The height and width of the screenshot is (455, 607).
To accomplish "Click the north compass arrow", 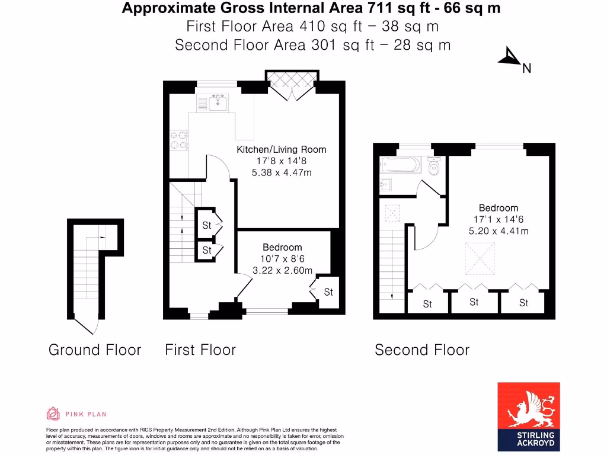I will click(509, 57).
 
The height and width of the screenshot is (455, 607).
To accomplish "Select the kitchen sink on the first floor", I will click(218, 102).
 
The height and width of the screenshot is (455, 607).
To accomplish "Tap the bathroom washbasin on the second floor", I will click(386, 184).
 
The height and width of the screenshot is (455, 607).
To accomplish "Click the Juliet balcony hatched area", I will click(292, 78).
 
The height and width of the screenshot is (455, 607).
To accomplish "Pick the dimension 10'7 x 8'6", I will click(282, 259).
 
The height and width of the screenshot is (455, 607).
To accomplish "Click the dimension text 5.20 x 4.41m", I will click(499, 230).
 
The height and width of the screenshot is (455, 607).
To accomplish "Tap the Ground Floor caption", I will click(95, 350).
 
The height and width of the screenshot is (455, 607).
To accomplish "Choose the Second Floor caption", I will click(422, 350).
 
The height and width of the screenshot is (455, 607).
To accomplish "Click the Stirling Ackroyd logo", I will click(528, 416).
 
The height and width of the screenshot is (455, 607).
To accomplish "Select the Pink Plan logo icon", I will click(53, 414).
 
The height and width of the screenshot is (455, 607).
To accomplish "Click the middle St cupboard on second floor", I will click(474, 302).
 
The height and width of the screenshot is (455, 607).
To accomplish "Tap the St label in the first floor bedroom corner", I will click(328, 292).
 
